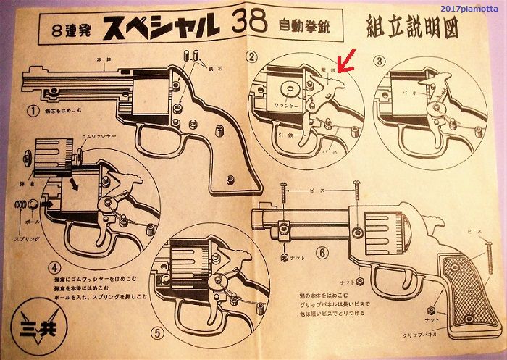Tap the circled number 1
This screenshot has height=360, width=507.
33,111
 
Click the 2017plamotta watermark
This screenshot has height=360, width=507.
471,7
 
